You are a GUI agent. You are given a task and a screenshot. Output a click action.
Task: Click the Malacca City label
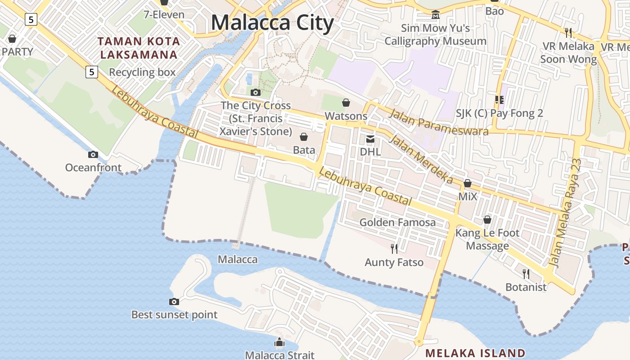click(x=272, y=22)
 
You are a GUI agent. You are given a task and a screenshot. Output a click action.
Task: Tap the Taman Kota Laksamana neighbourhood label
click(x=139, y=48)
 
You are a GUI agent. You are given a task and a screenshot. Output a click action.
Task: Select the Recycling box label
click(x=142, y=72)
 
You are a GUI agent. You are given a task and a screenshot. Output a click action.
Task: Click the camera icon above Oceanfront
click(x=93, y=154)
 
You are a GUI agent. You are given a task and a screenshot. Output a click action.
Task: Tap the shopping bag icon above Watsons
click(x=346, y=103)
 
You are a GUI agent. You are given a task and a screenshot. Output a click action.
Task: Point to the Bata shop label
click(x=304, y=149)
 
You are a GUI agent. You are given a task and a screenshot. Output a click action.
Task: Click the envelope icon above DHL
click(x=370, y=139)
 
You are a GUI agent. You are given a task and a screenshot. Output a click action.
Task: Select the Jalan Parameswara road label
click(x=438, y=121)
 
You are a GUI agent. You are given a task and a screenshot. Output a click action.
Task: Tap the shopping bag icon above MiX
click(x=468, y=184)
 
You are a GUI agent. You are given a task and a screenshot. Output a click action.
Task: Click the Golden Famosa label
click(x=397, y=222)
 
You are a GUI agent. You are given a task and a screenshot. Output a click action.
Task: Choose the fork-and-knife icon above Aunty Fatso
click(x=394, y=248)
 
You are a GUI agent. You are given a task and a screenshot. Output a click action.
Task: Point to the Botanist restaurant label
click(x=526, y=287)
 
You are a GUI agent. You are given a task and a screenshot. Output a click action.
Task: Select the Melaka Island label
click(x=475, y=353)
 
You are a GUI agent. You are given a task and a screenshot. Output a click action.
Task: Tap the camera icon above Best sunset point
click(x=174, y=301)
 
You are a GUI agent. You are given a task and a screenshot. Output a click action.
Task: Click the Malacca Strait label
click(x=279, y=355)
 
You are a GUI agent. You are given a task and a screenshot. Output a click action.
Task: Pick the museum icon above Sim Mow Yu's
click(x=435, y=15)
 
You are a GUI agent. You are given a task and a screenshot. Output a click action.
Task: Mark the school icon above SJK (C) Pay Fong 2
click(x=499, y=99)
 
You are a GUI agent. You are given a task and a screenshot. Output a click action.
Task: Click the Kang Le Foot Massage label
click(x=487, y=239)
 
